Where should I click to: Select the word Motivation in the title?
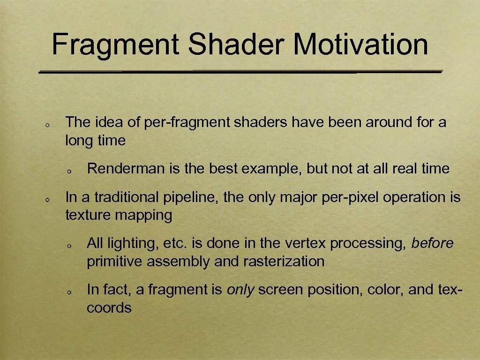point(361,45)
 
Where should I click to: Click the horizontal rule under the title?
point(240,73)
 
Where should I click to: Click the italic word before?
point(432,243)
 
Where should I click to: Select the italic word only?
point(240,290)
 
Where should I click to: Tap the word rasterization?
point(284,262)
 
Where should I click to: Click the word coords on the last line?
point(109,308)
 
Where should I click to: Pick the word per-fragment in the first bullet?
point(188,123)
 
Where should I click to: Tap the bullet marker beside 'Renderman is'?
point(68,171)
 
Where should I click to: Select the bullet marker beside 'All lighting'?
point(68,246)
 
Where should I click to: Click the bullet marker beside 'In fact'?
point(68,292)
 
